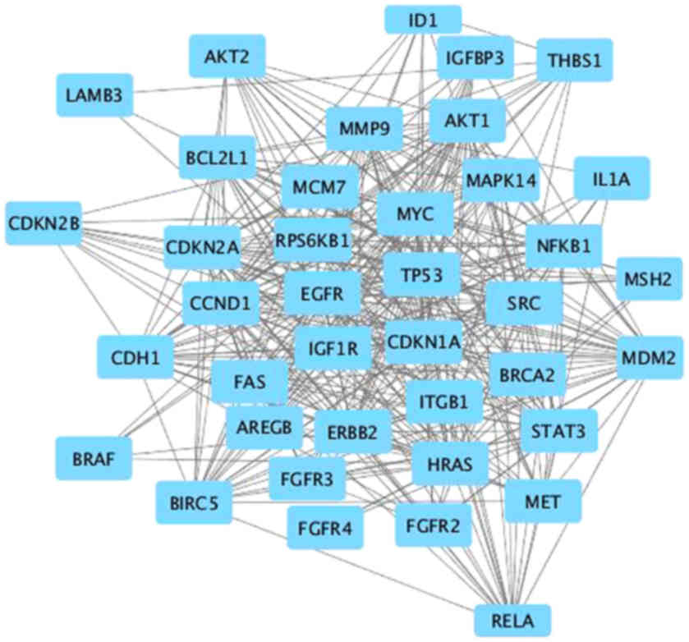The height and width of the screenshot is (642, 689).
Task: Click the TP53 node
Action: [421, 275]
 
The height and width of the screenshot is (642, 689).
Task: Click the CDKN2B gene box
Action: [43, 222]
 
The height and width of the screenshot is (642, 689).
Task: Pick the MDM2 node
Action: [649, 358]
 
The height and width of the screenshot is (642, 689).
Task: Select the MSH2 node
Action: [648, 279]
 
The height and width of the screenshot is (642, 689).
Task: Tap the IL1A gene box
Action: [611, 178]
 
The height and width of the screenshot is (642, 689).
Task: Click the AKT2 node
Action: [226, 57]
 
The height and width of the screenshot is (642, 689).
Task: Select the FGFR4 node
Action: [324, 528]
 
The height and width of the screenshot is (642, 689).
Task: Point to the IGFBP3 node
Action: [475, 57]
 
